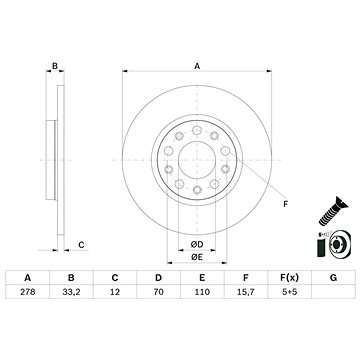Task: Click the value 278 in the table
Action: [x=28, y=292]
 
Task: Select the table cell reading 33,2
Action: [x=71, y=292]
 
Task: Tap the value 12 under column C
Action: [x=115, y=292]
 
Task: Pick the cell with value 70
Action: [x=159, y=292]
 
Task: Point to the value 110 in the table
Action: [x=202, y=292]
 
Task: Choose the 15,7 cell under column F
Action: [x=246, y=292]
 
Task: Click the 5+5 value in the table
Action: [x=290, y=292]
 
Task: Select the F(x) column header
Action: [x=290, y=277]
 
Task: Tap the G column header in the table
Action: [x=333, y=277]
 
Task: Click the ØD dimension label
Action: [x=197, y=245]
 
